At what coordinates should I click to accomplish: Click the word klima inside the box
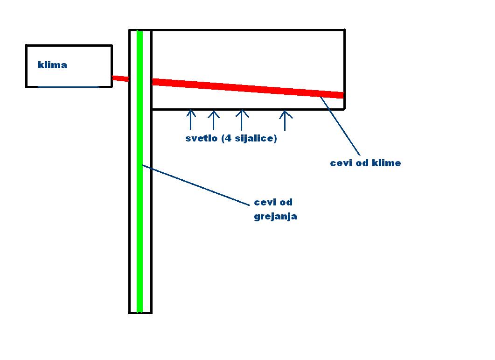pyautogui.click(x=52, y=65)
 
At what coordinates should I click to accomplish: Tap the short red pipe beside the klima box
pyautogui.click(x=120, y=78)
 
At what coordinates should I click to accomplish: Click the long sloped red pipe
pyautogui.click(x=247, y=88)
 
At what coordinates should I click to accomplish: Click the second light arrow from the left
pyautogui.click(x=213, y=120)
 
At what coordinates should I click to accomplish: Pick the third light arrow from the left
pyautogui.click(x=241, y=120)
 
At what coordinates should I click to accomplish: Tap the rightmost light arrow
pyautogui.click(x=286, y=120)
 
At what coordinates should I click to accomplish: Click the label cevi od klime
pyautogui.click(x=365, y=163)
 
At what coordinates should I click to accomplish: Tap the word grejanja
pyautogui.click(x=275, y=217)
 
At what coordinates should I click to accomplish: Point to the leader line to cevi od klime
pyautogui.click(x=341, y=126)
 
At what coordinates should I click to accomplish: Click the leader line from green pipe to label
pyautogui.click(x=196, y=185)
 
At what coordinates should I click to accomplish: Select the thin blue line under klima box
pyautogui.click(x=68, y=87)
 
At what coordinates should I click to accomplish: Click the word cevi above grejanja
pyautogui.click(x=264, y=202)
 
